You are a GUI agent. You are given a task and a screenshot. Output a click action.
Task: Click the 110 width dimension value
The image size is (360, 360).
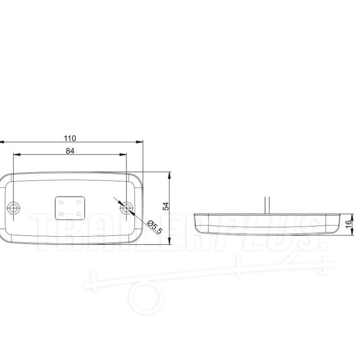coord(70,138)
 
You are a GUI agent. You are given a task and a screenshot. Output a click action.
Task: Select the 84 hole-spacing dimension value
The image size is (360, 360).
coord(70,151)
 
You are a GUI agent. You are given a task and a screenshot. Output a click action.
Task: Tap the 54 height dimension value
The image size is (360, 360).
coord(166,206)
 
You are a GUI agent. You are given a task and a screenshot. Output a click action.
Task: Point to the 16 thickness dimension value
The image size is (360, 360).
coord(348,224)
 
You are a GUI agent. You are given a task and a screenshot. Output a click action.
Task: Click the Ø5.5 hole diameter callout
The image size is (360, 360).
coord(155,227)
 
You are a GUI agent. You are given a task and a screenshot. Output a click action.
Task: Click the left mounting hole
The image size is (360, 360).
coord(14,209)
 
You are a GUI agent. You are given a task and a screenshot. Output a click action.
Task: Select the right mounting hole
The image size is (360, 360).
coord(126,208)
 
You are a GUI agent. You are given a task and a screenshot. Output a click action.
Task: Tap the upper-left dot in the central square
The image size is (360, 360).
coord(61,202)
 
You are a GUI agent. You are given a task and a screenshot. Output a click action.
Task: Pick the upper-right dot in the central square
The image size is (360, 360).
coord(79,202)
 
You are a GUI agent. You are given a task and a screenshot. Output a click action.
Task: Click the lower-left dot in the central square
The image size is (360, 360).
coord(61,214)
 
